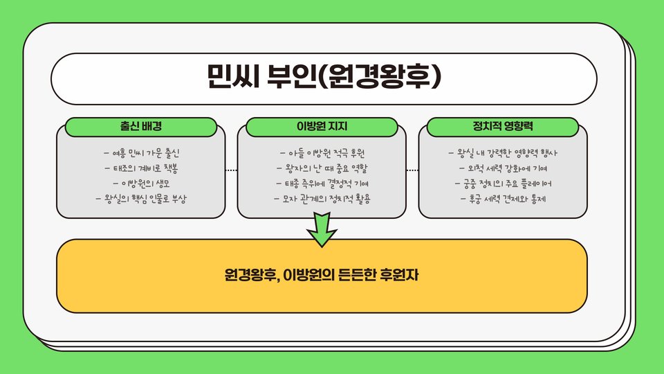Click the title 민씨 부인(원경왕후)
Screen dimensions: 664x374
click(x=324, y=75)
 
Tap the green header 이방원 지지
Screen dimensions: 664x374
click(x=322, y=127)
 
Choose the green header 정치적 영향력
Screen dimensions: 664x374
click(x=503, y=127)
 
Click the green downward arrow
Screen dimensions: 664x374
click(x=322, y=229)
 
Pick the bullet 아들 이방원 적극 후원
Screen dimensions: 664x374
click(x=322, y=152)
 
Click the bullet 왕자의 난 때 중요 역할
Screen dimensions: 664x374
click(x=322, y=168)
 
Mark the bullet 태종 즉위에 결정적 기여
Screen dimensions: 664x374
click(x=322, y=184)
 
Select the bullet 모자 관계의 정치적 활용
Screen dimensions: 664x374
click(x=322, y=199)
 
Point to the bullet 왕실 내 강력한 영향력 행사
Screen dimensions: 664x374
click(x=503, y=152)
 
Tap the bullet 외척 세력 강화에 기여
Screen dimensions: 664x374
click(x=503, y=168)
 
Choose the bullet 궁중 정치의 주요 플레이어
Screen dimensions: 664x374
click(x=503, y=184)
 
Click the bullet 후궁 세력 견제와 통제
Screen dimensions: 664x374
click(x=503, y=199)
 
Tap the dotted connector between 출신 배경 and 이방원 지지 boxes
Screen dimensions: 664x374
click(x=232, y=169)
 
